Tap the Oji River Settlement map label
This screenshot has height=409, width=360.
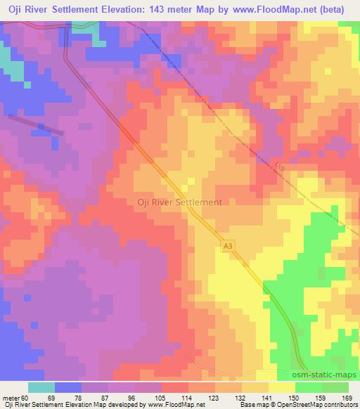click(179, 202)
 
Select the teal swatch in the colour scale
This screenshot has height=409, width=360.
click(41, 387)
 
